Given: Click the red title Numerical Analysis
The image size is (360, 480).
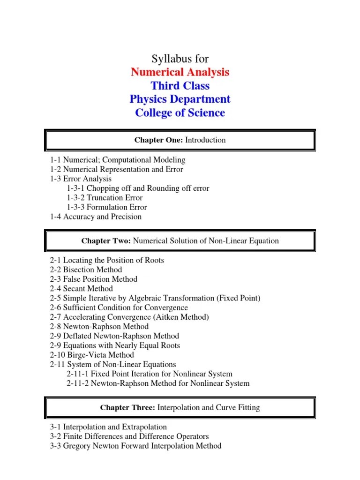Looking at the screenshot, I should [180, 72].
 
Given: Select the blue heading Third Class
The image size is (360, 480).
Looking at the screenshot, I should [180, 86].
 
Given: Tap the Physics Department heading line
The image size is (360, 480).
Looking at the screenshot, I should [180, 99].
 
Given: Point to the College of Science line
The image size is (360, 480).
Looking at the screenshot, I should [180, 113].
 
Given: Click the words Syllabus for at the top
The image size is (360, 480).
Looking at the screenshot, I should [180, 59].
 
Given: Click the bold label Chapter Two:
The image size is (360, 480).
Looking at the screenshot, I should [106, 241].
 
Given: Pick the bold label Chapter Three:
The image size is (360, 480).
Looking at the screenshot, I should [127, 408].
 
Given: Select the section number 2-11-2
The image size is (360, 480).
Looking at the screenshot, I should [78, 383].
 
